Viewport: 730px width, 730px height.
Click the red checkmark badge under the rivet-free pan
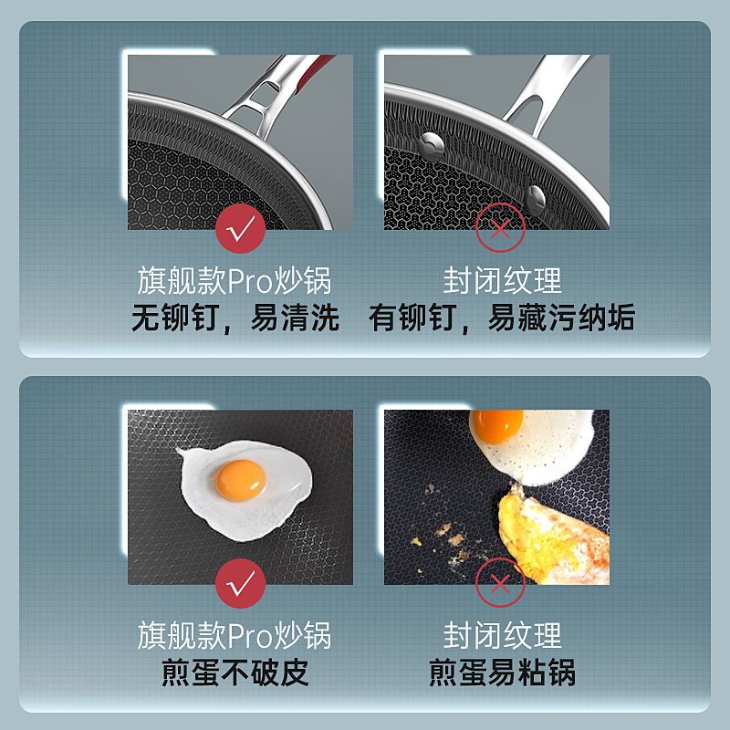[x=240, y=229]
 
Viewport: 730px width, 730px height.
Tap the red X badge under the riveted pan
[x=500, y=228]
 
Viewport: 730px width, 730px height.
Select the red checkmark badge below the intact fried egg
[x=240, y=583]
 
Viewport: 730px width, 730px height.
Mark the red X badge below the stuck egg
[x=500, y=583]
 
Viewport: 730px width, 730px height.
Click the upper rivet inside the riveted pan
[x=431, y=146]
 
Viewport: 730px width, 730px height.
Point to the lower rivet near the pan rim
[x=535, y=200]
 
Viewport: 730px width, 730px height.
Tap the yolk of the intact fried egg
[x=241, y=481]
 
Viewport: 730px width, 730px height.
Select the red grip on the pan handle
[x=308, y=71]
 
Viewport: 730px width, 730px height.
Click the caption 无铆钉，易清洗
[x=235, y=318]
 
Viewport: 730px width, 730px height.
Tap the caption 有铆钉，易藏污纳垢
[x=502, y=318]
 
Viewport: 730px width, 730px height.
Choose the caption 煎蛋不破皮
[x=235, y=673]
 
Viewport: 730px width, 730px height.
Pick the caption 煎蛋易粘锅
[x=503, y=673]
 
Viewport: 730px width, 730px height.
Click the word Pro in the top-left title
[x=250, y=281]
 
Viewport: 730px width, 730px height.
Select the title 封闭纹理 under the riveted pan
[x=503, y=281]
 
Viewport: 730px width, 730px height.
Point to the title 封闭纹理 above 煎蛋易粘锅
[x=503, y=635]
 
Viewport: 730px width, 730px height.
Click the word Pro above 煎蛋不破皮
[x=250, y=636]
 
